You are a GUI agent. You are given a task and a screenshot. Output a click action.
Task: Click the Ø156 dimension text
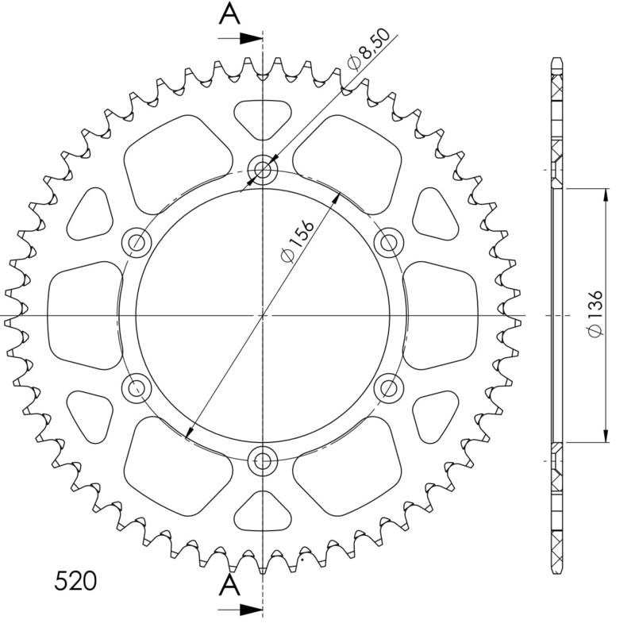(x=298, y=241)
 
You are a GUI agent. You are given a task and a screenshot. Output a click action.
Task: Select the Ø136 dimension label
(x=596, y=314)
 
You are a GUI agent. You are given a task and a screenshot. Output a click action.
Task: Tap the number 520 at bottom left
(x=75, y=581)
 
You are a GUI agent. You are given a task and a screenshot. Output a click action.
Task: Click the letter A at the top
(x=229, y=13)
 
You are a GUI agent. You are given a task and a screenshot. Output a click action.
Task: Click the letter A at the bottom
(x=229, y=586)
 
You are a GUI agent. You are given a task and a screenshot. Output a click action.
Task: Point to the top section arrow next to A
(x=241, y=39)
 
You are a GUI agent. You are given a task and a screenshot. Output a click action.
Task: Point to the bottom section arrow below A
(x=241, y=610)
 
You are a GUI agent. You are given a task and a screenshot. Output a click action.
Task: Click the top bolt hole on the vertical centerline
(x=263, y=169)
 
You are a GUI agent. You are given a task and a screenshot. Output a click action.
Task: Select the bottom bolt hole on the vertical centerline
(x=263, y=461)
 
